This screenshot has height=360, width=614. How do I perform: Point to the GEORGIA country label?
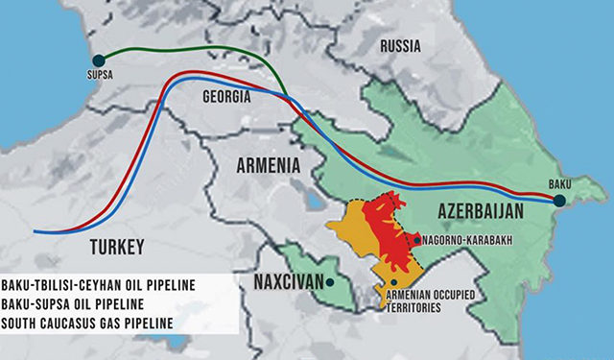[226, 98]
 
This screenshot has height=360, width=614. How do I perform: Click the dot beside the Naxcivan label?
[329, 282]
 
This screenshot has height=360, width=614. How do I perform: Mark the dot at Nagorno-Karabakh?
[415, 238]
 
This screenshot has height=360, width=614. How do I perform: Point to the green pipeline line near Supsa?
[144, 47]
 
